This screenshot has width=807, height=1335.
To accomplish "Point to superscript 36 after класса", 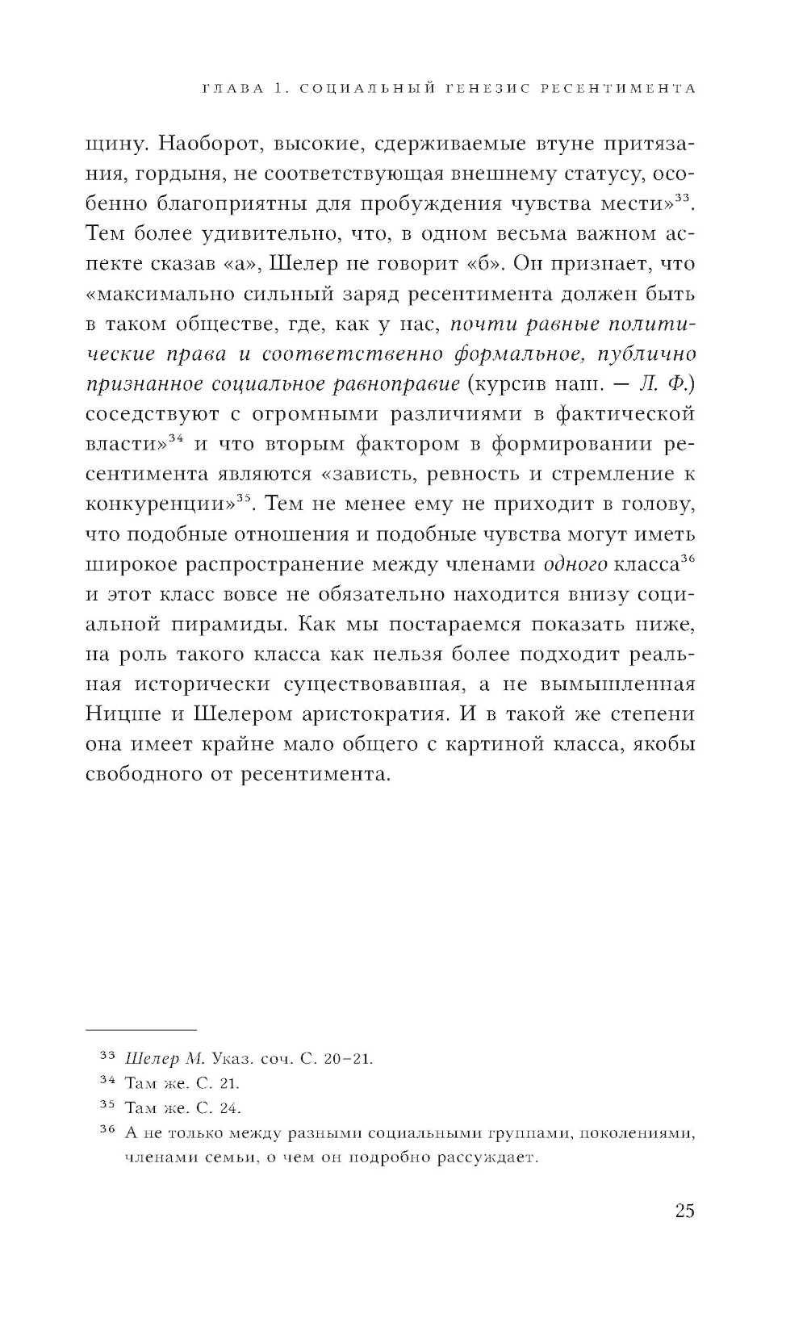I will tap(688, 557).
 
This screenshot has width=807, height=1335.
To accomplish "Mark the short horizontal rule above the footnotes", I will tap(140, 1031).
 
